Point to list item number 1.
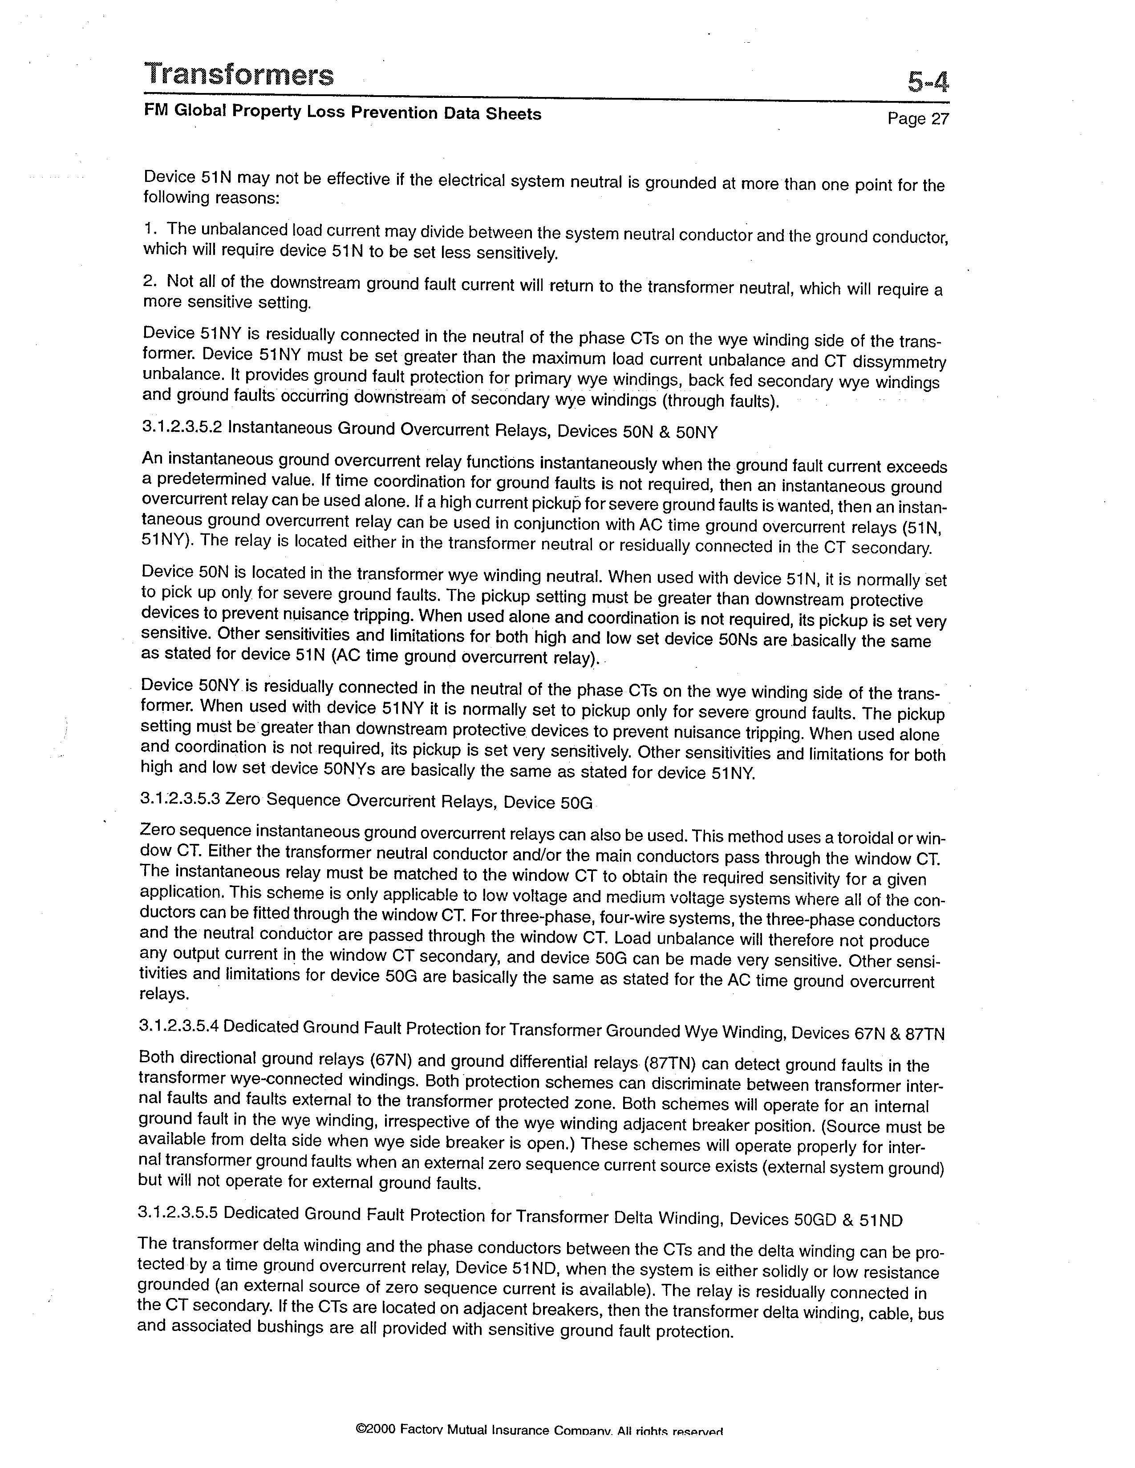click(149, 229)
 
